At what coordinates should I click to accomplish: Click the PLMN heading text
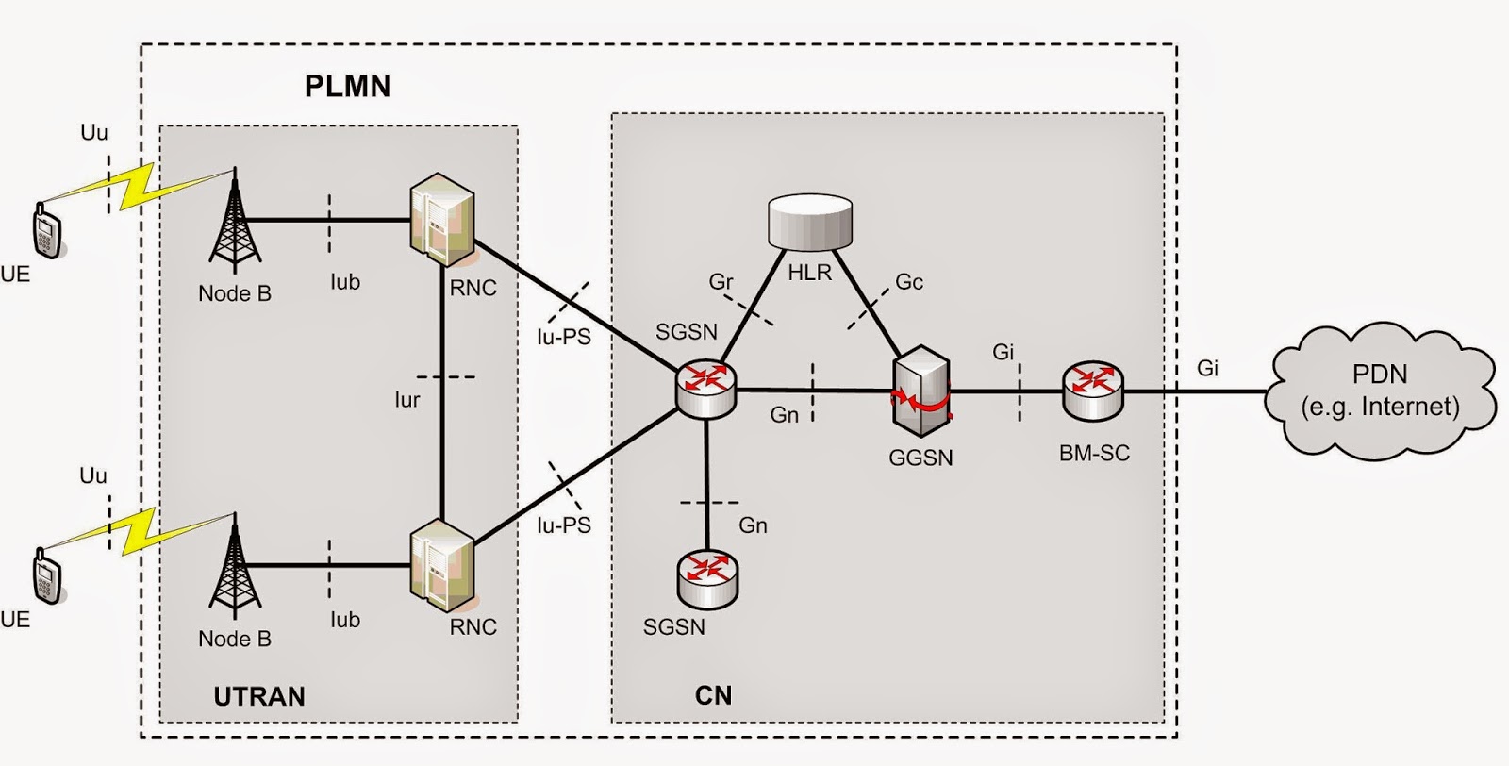point(347,87)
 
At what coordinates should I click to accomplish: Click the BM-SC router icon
point(1093,390)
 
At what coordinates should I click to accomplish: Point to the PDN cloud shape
point(1379,389)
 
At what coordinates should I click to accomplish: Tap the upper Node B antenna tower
point(235,222)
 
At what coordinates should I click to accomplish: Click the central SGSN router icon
point(705,389)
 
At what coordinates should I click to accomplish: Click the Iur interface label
point(407,400)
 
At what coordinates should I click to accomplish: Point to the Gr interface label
point(721,282)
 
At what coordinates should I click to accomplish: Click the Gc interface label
point(909,282)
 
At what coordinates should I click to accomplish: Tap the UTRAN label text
point(259,697)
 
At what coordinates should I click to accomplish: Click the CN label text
point(713,696)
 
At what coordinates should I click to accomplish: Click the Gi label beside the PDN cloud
point(1208,368)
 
